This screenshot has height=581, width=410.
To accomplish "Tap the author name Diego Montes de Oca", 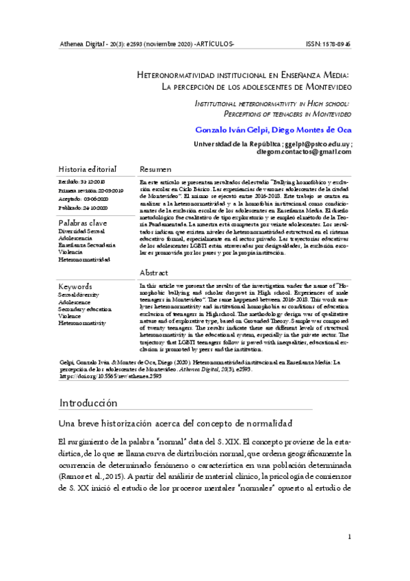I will (307, 129).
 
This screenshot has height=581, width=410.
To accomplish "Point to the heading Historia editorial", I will (88, 169).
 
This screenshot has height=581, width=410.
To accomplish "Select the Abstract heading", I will (154, 272).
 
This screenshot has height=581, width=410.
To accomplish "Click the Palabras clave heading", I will (83, 223).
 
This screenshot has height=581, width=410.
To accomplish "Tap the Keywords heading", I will (75, 286).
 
